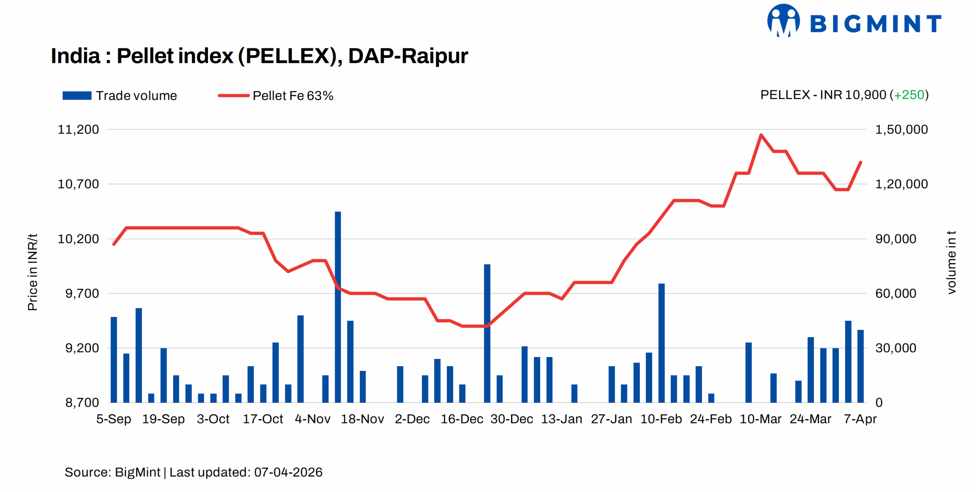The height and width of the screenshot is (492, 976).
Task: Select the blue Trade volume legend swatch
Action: (x=77, y=95)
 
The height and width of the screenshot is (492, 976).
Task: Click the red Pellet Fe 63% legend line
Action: (x=233, y=95)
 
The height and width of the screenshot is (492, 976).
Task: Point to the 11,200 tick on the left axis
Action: (x=78, y=129)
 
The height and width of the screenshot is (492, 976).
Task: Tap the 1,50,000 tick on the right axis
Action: (x=901, y=129)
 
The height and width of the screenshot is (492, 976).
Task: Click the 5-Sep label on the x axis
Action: (x=114, y=419)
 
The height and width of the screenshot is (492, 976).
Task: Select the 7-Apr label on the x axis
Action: (x=860, y=419)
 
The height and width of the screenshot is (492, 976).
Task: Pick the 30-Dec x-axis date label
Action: (x=511, y=419)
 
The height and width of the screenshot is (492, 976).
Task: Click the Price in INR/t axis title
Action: (x=32, y=272)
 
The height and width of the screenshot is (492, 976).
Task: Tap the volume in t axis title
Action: (x=951, y=262)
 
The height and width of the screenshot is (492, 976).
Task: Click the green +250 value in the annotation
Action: (x=909, y=95)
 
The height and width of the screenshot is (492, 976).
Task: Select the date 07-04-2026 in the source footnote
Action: (x=288, y=472)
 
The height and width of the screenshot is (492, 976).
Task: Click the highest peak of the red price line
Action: (x=761, y=135)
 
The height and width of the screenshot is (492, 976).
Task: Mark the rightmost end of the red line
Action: (x=860, y=162)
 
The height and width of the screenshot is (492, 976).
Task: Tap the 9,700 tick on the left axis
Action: (x=82, y=293)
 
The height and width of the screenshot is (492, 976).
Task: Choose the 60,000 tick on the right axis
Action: (x=895, y=293)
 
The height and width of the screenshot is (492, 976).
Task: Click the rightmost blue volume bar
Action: (x=860, y=366)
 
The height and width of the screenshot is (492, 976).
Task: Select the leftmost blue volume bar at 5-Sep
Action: (x=114, y=359)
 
